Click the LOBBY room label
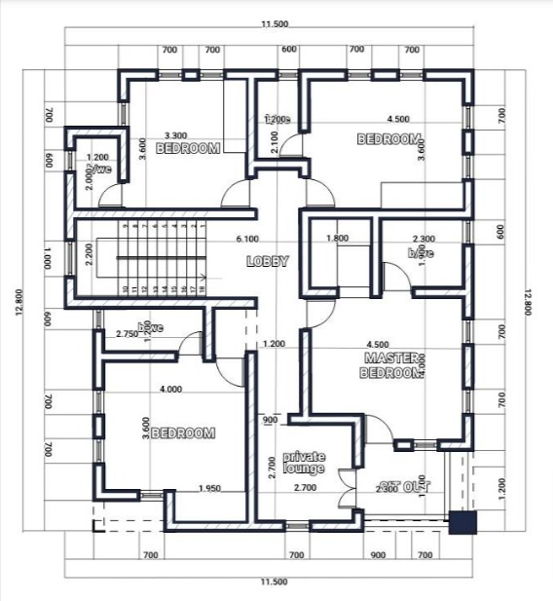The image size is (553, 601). (x=267, y=261)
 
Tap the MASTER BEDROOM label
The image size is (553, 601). (x=391, y=364)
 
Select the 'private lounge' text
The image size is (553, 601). (x=303, y=462)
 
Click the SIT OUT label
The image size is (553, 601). (x=404, y=486)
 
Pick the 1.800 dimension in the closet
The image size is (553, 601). (x=338, y=239)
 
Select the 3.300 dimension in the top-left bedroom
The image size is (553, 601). (x=175, y=135)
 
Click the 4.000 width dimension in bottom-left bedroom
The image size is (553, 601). (x=170, y=390)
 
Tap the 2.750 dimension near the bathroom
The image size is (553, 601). (x=127, y=334)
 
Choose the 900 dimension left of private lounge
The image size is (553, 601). (x=270, y=420)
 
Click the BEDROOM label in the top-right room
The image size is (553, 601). (x=389, y=139)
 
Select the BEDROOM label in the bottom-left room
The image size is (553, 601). (x=184, y=433)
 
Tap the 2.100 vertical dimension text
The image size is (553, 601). (x=276, y=142)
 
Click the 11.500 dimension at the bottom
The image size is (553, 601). (x=274, y=582)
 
